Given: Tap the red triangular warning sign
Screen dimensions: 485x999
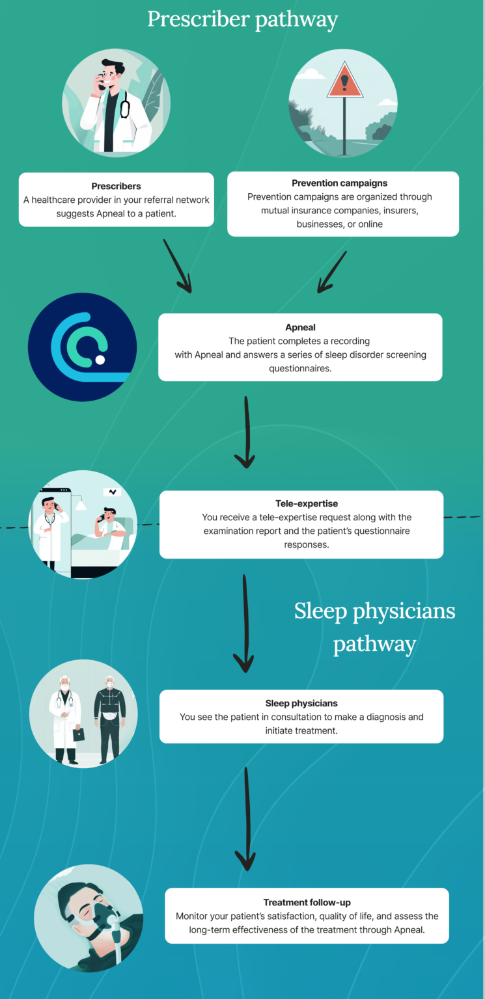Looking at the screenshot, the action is coord(344,81).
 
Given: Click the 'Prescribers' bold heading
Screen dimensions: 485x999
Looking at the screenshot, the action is coord(116,186).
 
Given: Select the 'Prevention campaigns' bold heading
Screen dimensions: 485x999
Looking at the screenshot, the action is coord(339,183).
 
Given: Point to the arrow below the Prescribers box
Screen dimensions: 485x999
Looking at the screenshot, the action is coord(177,266).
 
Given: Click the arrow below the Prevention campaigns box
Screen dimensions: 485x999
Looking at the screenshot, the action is coord(331,272).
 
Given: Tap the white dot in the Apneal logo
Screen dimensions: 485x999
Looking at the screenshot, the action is coord(100,360).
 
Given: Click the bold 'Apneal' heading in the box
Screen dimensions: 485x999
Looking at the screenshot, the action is coord(300,327).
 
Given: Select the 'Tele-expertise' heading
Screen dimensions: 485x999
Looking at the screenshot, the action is coord(307,503).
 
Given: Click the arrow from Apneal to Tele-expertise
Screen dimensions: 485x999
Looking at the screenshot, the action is coord(245,432).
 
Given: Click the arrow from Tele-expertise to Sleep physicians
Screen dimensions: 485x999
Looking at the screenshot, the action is coord(244,623).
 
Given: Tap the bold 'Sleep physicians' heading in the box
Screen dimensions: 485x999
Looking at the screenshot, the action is coord(301,703).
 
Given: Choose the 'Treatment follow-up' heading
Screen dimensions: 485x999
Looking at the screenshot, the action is coord(307,902).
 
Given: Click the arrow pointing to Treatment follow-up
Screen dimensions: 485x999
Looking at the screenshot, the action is coord(246,818).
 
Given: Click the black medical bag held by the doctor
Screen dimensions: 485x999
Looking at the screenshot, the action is coord(79,734).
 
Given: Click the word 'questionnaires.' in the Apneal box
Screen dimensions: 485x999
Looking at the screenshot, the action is coord(300,368).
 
